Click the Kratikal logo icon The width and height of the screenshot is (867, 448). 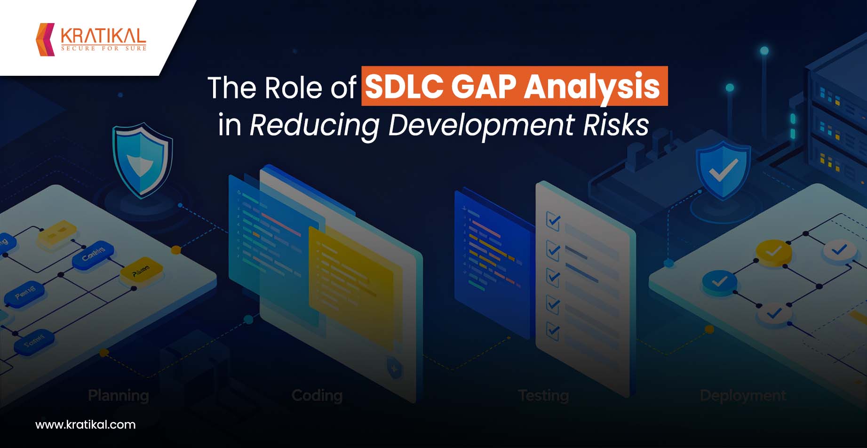pyautogui.click(x=46, y=39)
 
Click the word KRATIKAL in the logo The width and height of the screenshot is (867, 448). pyautogui.click(x=103, y=36)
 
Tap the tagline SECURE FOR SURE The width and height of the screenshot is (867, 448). pyautogui.click(x=103, y=48)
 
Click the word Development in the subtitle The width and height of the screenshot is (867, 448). pyautogui.click(x=481, y=125)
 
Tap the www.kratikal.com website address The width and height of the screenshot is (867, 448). pyautogui.click(x=85, y=424)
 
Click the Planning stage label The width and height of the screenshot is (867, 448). pyautogui.click(x=119, y=395)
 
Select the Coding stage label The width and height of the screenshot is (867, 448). pyautogui.click(x=317, y=395)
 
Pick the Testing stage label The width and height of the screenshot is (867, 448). pyautogui.click(x=543, y=395)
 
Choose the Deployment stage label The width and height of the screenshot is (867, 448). pyautogui.click(x=743, y=395)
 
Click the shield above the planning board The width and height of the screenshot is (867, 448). pyautogui.click(x=142, y=160)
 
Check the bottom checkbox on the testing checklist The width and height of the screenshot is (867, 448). pyautogui.click(x=553, y=330)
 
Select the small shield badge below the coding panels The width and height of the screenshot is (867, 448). pyautogui.click(x=394, y=367)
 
